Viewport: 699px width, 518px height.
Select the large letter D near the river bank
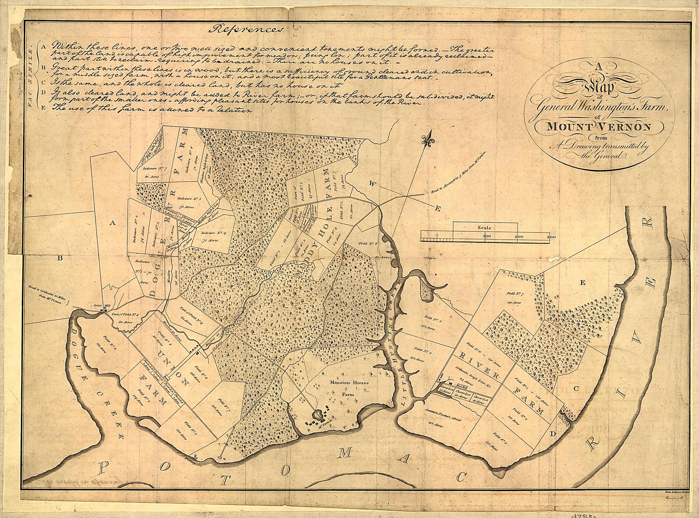coord(553,434)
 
